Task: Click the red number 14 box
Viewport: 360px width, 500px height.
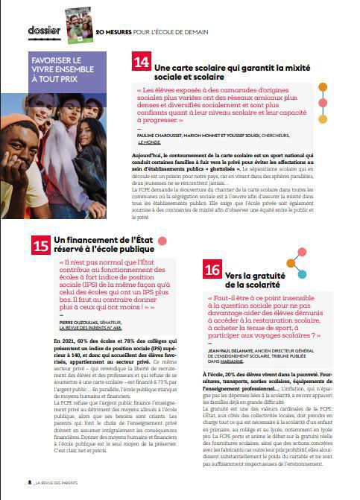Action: click(140, 62)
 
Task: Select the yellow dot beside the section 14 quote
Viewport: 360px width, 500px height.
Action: click(323, 118)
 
